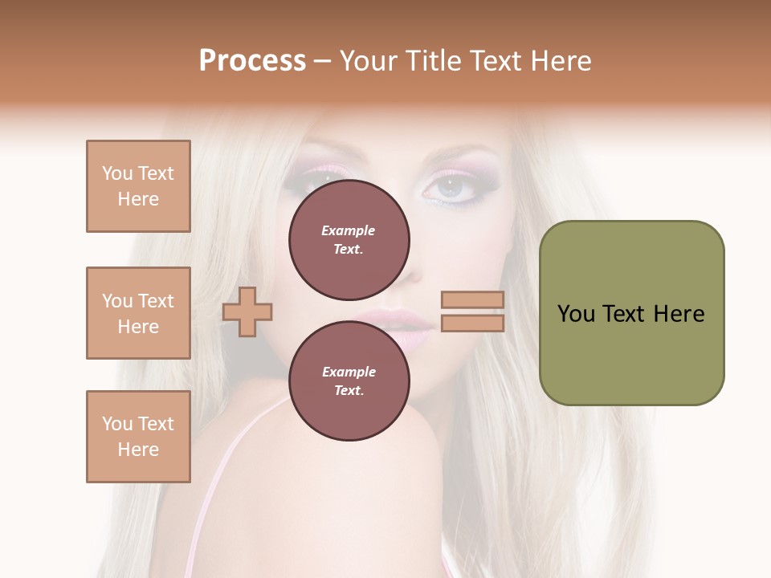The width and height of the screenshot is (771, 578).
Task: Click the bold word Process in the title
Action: point(252,61)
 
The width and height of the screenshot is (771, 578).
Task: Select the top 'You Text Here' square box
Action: point(138,186)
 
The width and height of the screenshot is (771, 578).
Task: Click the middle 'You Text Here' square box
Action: point(138,313)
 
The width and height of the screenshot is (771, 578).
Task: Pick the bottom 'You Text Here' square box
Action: point(138,437)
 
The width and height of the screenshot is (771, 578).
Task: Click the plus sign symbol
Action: point(247,311)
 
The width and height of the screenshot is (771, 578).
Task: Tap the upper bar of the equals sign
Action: point(472,299)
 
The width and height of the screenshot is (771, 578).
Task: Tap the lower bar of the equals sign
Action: point(472,323)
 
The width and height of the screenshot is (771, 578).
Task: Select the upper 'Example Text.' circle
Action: point(349,239)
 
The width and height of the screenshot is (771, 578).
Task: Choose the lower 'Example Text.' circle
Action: point(349,381)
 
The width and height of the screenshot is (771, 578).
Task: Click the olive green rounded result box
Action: point(631,313)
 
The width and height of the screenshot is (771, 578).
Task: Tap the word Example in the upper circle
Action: point(349,230)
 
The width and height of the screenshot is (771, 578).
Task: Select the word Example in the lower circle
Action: point(349,372)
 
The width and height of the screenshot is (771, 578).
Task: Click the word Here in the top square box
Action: point(138,199)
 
